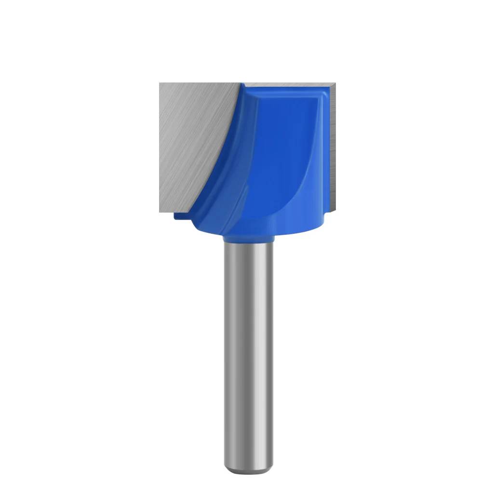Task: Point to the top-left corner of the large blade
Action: [161, 84]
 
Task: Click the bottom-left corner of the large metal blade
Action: [161, 212]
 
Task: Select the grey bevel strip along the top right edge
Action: [289, 85]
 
